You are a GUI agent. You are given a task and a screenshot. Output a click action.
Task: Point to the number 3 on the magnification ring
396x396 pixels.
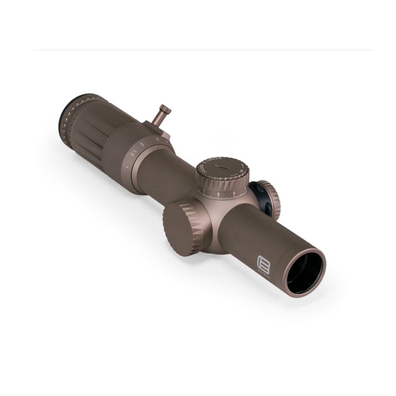[158, 139]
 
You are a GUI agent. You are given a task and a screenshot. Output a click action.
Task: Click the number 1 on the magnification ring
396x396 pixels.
[126, 166]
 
